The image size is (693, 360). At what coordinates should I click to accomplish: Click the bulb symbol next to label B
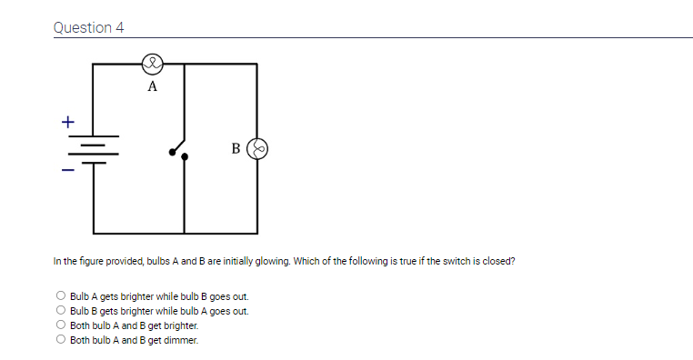coord(259,147)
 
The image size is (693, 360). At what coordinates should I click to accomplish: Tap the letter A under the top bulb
coord(152,87)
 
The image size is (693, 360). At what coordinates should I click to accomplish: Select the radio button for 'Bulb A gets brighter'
coord(61,296)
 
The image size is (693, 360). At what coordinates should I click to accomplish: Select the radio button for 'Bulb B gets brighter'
coord(61,311)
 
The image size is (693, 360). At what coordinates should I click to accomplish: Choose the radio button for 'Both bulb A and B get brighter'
coord(61,325)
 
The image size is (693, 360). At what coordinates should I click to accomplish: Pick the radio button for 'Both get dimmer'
coord(61,340)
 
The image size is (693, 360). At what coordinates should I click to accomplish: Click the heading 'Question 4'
coord(88,27)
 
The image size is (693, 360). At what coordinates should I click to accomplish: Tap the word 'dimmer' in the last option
coord(182,340)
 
